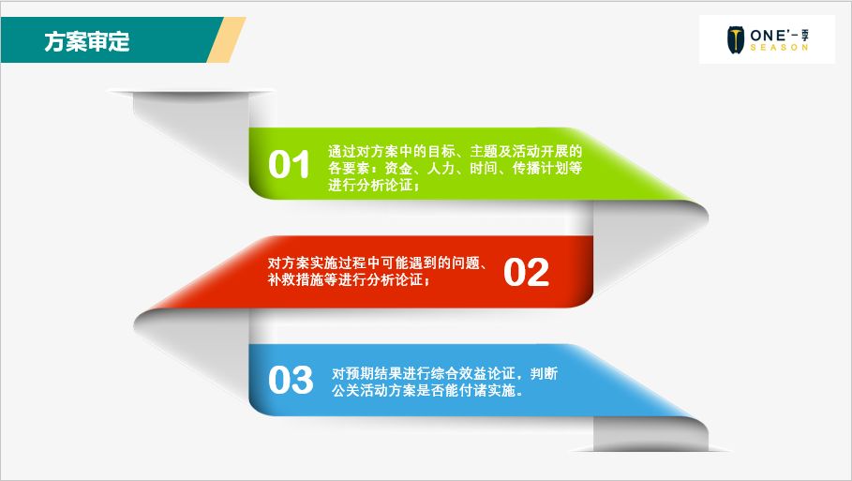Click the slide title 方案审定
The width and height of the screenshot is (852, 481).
click(87, 41)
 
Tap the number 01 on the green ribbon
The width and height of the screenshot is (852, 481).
click(289, 165)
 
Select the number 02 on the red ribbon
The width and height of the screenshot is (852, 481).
click(526, 273)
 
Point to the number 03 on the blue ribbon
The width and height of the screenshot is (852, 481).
click(290, 381)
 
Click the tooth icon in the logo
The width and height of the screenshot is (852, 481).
click(736, 40)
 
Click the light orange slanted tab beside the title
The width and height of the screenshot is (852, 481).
click(225, 40)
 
